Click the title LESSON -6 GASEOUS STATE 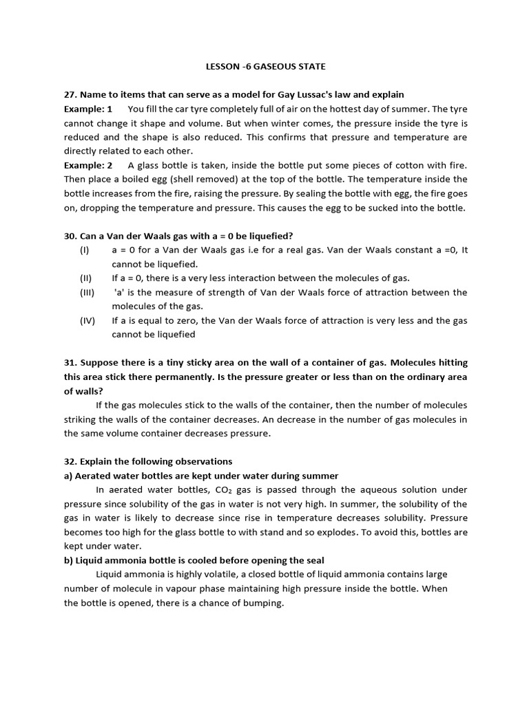[x=266, y=66]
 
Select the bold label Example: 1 [x=88, y=109]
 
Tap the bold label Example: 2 [x=88, y=165]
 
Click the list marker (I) [x=85, y=250]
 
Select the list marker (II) [x=86, y=278]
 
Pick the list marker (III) [x=87, y=292]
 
